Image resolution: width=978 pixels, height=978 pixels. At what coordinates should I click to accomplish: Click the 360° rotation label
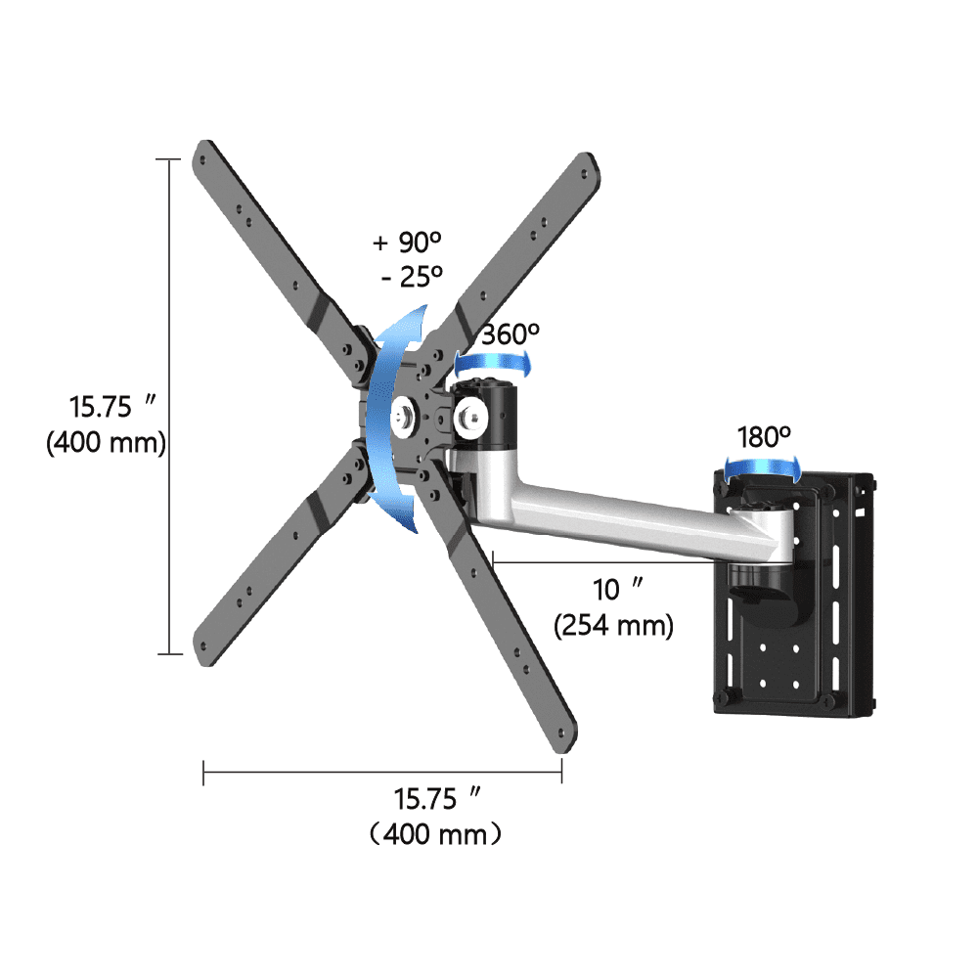pyautogui.click(x=510, y=333)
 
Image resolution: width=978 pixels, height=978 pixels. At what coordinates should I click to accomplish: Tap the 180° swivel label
pyautogui.click(x=764, y=437)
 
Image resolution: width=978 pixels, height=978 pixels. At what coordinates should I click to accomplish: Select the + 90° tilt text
pyautogui.click(x=408, y=243)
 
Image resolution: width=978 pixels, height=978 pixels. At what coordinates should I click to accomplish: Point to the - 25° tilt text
pyautogui.click(x=412, y=277)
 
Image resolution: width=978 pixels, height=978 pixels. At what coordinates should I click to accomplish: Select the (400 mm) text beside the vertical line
pyautogui.click(x=106, y=442)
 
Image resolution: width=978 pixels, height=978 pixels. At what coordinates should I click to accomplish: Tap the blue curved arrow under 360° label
pyautogui.click(x=495, y=363)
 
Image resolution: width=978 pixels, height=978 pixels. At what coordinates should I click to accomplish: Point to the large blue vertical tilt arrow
pyautogui.click(x=396, y=421)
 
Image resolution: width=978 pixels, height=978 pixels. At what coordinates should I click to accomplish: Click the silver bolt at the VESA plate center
pyautogui.click(x=403, y=417)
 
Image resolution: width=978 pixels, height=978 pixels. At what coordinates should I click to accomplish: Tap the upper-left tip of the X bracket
pyautogui.click(x=205, y=152)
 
